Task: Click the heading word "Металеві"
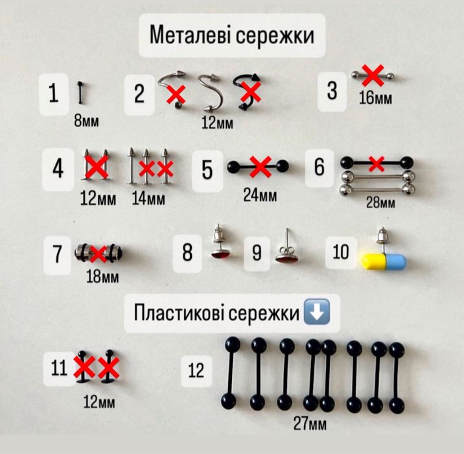[x=191, y=35]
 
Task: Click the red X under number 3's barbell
[x=372, y=76]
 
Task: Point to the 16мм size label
[x=375, y=98]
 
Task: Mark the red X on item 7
[x=99, y=252]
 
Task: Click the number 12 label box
[x=196, y=370]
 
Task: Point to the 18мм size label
[x=102, y=278]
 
